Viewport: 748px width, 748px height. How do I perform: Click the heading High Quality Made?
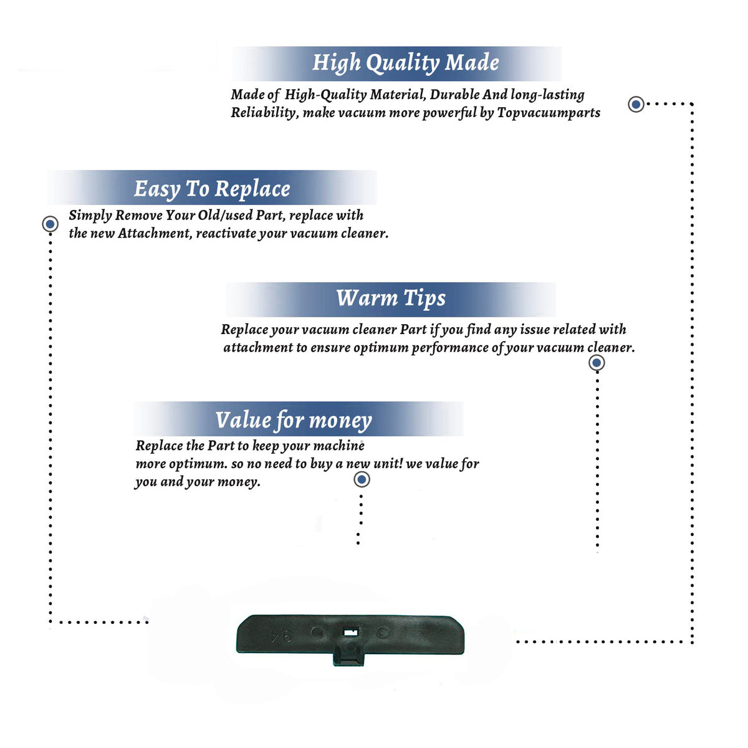(405, 63)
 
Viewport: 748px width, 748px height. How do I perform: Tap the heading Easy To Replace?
(212, 189)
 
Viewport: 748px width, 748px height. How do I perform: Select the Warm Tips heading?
(390, 299)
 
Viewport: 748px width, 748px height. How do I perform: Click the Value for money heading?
(294, 420)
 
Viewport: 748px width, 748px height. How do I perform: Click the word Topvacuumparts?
(549, 113)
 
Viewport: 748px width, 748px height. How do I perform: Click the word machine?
(338, 446)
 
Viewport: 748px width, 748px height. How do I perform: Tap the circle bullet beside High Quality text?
(636, 104)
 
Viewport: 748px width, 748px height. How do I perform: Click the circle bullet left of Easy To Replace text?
(50, 224)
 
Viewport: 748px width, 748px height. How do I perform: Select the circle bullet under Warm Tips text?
(597, 363)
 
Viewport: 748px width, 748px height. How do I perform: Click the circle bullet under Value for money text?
(362, 480)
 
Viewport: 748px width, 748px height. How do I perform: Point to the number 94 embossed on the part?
(281, 637)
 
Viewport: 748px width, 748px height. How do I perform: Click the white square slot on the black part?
(351, 633)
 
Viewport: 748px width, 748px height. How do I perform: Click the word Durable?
(454, 95)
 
